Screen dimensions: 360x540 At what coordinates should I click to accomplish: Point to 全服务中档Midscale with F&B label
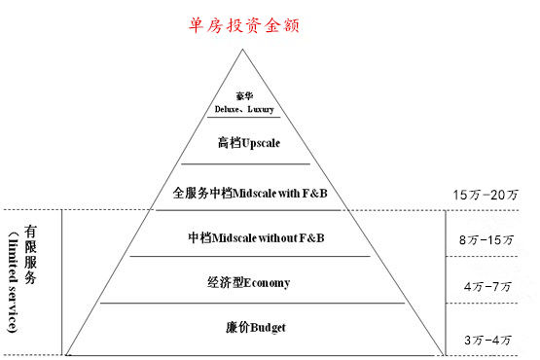249,194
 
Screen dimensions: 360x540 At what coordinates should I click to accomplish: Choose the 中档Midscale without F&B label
255,237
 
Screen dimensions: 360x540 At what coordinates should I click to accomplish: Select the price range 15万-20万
486,195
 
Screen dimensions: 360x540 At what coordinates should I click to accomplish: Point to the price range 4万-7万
487,287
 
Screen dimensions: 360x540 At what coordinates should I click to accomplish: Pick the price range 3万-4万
487,340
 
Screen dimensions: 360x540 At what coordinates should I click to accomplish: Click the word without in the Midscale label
281,237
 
